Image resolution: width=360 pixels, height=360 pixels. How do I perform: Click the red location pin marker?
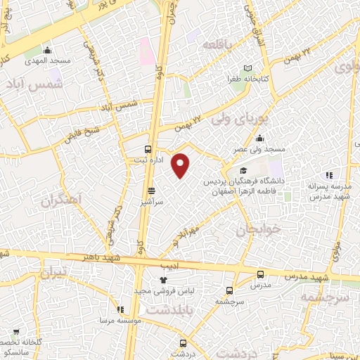pyautogui.click(x=181, y=165)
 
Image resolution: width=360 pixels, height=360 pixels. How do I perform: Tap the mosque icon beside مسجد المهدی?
pyautogui.click(x=47, y=50)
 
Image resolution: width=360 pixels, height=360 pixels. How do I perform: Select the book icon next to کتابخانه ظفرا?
pyautogui.click(x=247, y=69)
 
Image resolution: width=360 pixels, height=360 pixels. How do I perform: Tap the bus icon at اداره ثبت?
pyautogui.click(x=148, y=148)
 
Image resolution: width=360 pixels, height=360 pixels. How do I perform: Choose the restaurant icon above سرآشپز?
pyautogui.click(x=151, y=191)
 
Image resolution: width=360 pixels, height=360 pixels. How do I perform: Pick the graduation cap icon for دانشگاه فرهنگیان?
pyautogui.click(x=243, y=171)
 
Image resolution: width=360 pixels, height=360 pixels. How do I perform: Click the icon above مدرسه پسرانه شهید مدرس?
pyautogui.click(x=328, y=176)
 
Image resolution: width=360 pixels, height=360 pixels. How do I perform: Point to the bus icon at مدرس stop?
pyautogui.click(x=260, y=274)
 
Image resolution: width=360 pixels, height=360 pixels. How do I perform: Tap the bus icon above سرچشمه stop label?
pyautogui.click(x=230, y=290)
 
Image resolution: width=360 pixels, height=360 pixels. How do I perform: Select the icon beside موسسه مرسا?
pyautogui.click(x=120, y=309)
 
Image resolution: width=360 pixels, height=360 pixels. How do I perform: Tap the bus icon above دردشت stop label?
pyautogui.click(x=184, y=342)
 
